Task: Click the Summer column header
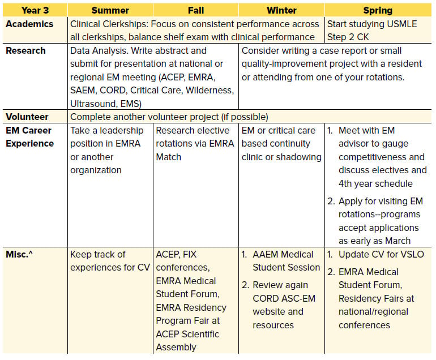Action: click(110, 10)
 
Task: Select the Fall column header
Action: click(196, 10)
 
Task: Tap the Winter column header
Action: click(281, 10)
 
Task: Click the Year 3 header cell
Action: click(35, 10)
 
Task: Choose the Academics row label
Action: click(29, 24)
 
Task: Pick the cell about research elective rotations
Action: click(196, 143)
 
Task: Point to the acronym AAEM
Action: click(266, 254)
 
